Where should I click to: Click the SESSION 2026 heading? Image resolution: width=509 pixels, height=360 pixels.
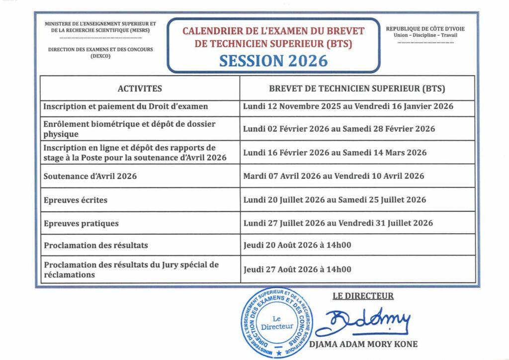pos(273,60)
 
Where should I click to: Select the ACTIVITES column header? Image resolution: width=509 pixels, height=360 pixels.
pos(140,89)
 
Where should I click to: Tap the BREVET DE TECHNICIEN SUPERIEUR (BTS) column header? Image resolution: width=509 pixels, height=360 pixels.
pos(357,89)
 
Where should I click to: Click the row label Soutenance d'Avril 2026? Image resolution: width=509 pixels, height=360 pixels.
pos(90,176)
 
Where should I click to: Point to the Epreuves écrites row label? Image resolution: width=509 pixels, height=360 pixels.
pos(76,200)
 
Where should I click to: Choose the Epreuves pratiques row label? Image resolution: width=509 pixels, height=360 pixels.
pos(81,223)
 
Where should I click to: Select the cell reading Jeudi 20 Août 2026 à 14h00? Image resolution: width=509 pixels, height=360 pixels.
pos(297,246)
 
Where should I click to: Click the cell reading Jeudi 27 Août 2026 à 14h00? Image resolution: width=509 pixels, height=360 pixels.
pos(297,270)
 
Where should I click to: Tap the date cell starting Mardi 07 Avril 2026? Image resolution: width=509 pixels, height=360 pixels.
pos(334,176)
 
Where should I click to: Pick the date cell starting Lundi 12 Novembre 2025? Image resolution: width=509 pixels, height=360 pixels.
pos(348,106)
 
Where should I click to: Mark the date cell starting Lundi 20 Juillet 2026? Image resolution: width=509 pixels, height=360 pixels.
pos(335,200)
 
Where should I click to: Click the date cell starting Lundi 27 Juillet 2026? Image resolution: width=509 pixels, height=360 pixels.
pos(338,223)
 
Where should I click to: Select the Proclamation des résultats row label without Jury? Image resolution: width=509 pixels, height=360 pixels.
pos(95,246)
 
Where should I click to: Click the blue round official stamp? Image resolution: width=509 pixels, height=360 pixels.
pos(277,322)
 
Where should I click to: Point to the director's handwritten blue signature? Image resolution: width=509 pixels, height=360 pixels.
pos(363,322)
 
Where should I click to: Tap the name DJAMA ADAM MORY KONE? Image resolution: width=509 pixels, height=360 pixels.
pos(363,344)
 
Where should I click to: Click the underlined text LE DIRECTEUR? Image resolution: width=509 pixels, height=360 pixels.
pos(363,296)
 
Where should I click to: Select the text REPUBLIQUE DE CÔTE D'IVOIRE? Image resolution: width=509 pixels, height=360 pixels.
pos(425,29)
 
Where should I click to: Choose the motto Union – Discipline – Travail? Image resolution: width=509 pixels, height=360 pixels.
pos(425,35)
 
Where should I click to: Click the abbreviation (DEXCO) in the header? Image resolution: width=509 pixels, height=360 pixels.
pos(100,56)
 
